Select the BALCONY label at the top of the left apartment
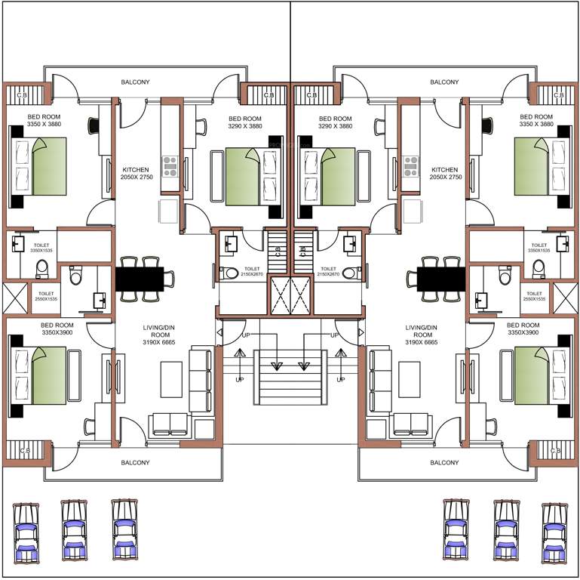(136, 82)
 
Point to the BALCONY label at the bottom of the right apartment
(444, 462)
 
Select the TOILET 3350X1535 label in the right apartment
(539, 247)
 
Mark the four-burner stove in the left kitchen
(170, 165)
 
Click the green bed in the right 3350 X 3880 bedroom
(539, 165)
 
